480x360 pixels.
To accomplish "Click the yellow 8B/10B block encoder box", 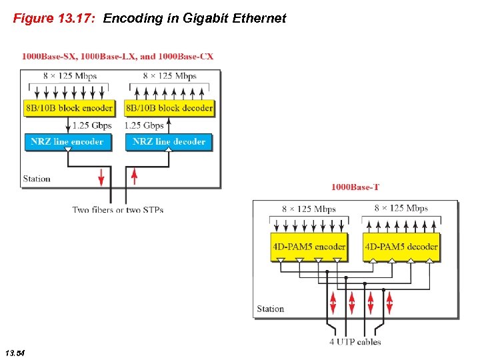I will click(69, 108).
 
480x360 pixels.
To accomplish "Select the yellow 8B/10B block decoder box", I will click(169, 108).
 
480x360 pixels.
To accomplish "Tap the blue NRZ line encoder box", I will click(67, 141).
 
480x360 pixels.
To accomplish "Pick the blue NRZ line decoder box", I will click(169, 141).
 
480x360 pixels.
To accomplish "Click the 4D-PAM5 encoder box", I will click(309, 247).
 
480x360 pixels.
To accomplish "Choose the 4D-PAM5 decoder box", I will click(401, 247).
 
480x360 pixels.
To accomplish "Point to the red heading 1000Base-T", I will click(355, 187).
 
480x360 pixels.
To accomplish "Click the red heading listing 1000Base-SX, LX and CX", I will click(118, 57).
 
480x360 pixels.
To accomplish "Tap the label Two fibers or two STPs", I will click(118, 210).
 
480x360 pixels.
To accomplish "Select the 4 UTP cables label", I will click(355, 342).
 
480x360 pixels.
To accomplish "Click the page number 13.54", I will click(15, 351).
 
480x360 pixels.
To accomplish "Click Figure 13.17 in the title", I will click(55, 19).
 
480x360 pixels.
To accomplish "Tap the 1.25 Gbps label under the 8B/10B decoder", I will click(144, 125).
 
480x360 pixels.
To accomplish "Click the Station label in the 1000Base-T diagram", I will click(271, 309).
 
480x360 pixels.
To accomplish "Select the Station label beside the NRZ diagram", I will click(37, 179).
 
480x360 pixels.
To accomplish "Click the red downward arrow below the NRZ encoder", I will click(101, 177).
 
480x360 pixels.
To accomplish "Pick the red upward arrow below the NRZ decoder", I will click(135, 177).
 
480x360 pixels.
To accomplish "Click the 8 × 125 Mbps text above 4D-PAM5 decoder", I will click(401, 208).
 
